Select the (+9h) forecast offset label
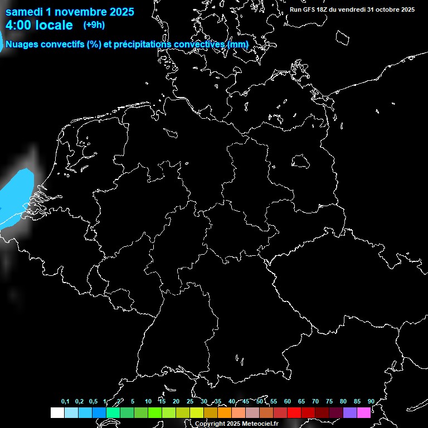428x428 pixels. pos(94,25)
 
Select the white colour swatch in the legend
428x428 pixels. pos(57,412)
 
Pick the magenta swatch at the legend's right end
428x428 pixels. pos(363,412)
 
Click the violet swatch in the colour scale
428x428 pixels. pos(349,412)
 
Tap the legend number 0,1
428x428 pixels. pos(65,402)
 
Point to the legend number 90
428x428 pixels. pos(371,402)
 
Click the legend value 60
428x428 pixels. pos(287,402)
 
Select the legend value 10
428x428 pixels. pos(148,402)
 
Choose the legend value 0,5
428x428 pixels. pos(93,402)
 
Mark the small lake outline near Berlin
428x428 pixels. pos(300,161)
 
